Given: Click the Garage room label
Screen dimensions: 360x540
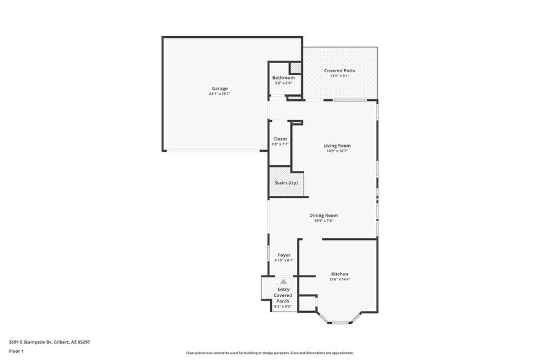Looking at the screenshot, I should click(220, 88).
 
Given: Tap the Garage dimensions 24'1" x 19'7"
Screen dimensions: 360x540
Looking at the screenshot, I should click(220, 94).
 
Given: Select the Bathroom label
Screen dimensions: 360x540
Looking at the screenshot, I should click(283, 78).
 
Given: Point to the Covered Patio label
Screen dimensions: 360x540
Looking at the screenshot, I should click(339, 70).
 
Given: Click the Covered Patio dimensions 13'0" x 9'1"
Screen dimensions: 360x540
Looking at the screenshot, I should click(339, 76).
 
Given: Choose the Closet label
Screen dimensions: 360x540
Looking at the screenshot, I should click(280, 139).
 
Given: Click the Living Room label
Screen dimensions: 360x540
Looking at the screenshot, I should click(337, 145).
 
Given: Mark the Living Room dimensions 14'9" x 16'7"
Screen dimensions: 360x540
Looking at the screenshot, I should click(337, 151).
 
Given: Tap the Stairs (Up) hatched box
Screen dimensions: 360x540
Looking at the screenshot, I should click(285, 183).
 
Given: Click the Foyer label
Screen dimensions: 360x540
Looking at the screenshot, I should click(283, 255).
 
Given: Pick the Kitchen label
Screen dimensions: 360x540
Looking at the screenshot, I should click(340, 274).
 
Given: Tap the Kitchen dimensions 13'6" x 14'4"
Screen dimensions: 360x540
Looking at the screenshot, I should click(340, 280).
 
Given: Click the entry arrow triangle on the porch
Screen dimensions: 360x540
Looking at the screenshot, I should click(283, 282).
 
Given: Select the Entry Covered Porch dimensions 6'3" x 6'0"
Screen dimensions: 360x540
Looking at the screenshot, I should click(283, 306).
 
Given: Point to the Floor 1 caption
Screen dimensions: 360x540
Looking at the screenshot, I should click(16, 351).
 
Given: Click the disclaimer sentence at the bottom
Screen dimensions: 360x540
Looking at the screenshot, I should click(269, 353).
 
